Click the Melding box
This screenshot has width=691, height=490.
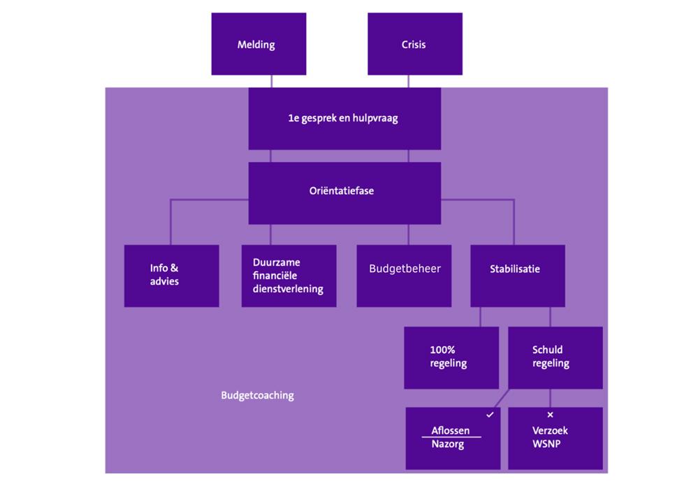(259, 44)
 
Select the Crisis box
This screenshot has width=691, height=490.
(414, 44)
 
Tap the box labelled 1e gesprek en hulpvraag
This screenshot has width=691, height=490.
(344, 118)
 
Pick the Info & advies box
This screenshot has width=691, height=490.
(171, 275)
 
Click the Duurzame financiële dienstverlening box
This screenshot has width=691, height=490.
(289, 275)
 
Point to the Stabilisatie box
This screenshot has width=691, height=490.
(517, 275)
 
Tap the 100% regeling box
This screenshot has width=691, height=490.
(451, 357)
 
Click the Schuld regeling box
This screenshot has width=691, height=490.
(555, 357)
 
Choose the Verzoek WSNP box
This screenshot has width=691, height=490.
(555, 438)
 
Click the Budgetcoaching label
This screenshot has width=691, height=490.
(257, 396)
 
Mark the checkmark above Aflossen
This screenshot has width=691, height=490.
(490, 415)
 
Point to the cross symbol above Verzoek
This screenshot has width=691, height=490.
(550, 415)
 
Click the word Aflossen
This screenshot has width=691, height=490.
(451, 431)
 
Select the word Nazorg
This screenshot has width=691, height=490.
(448, 444)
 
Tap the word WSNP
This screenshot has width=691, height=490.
(547, 445)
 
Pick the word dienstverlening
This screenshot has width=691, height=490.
(288, 289)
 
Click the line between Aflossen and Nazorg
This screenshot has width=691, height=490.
(451, 438)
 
